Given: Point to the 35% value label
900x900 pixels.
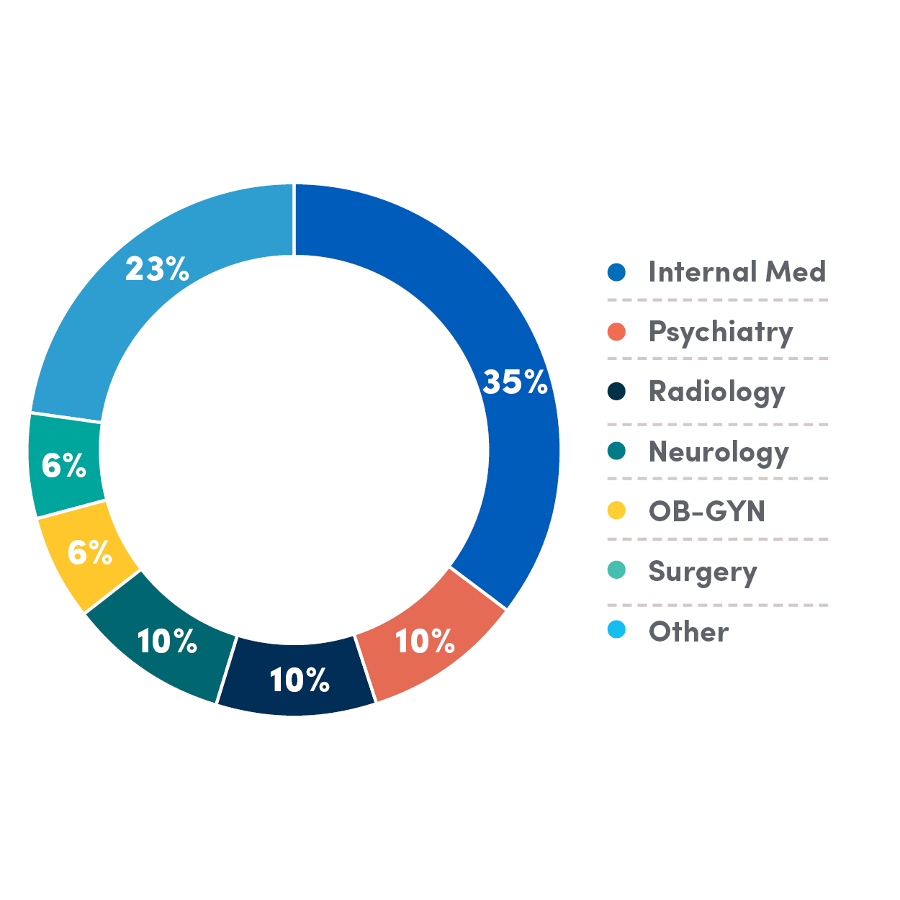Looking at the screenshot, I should (x=516, y=382).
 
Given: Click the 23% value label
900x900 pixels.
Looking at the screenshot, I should (x=157, y=269).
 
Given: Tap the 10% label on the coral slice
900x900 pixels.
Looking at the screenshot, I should (x=425, y=642).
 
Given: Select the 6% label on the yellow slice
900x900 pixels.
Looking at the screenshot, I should (x=90, y=553).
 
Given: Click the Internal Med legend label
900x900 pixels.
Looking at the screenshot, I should (x=737, y=272).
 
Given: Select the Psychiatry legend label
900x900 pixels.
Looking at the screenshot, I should (x=720, y=332).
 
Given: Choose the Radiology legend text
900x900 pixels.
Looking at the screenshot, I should (x=716, y=392).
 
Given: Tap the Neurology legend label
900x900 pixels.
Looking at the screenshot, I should (x=719, y=452).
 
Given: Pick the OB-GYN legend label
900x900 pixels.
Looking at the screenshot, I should (x=706, y=511).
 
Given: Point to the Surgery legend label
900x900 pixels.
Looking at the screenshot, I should (x=703, y=572).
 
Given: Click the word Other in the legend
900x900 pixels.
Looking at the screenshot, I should (x=688, y=631).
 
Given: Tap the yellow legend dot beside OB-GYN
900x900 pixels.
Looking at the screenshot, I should (x=616, y=510).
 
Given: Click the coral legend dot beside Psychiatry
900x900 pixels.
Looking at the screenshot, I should (x=616, y=332).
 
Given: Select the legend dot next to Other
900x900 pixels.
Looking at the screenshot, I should (x=616, y=630).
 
